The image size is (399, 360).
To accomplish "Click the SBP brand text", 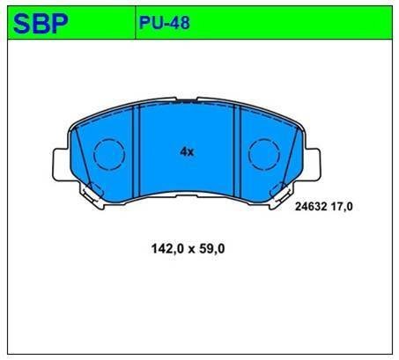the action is pyautogui.click(x=41, y=24).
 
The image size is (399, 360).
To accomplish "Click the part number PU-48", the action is pyautogui.click(x=165, y=23).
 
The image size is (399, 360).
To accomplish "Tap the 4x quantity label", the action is pyautogui.click(x=187, y=152).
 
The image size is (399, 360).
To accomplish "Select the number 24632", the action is pyautogui.click(x=311, y=207).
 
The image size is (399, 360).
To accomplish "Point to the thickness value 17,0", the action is pyautogui.click(x=342, y=207).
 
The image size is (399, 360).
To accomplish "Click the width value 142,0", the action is pyautogui.click(x=167, y=249).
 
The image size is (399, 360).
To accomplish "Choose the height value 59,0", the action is pyautogui.click(x=211, y=249).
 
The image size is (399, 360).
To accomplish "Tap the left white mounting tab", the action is pyautogui.click(x=61, y=165).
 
